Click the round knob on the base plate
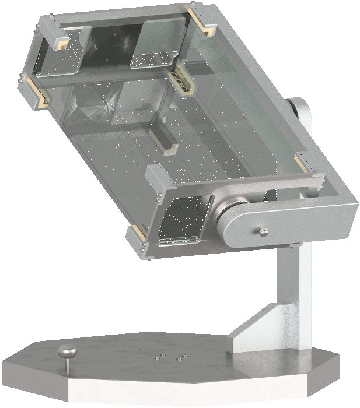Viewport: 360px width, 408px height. (x=68, y=351)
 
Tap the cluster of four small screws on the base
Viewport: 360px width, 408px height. (x=169, y=357)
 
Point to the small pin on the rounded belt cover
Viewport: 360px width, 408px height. (x=264, y=233)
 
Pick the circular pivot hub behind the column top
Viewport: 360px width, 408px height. (x=301, y=110)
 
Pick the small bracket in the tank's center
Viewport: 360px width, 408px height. (x=163, y=140)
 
